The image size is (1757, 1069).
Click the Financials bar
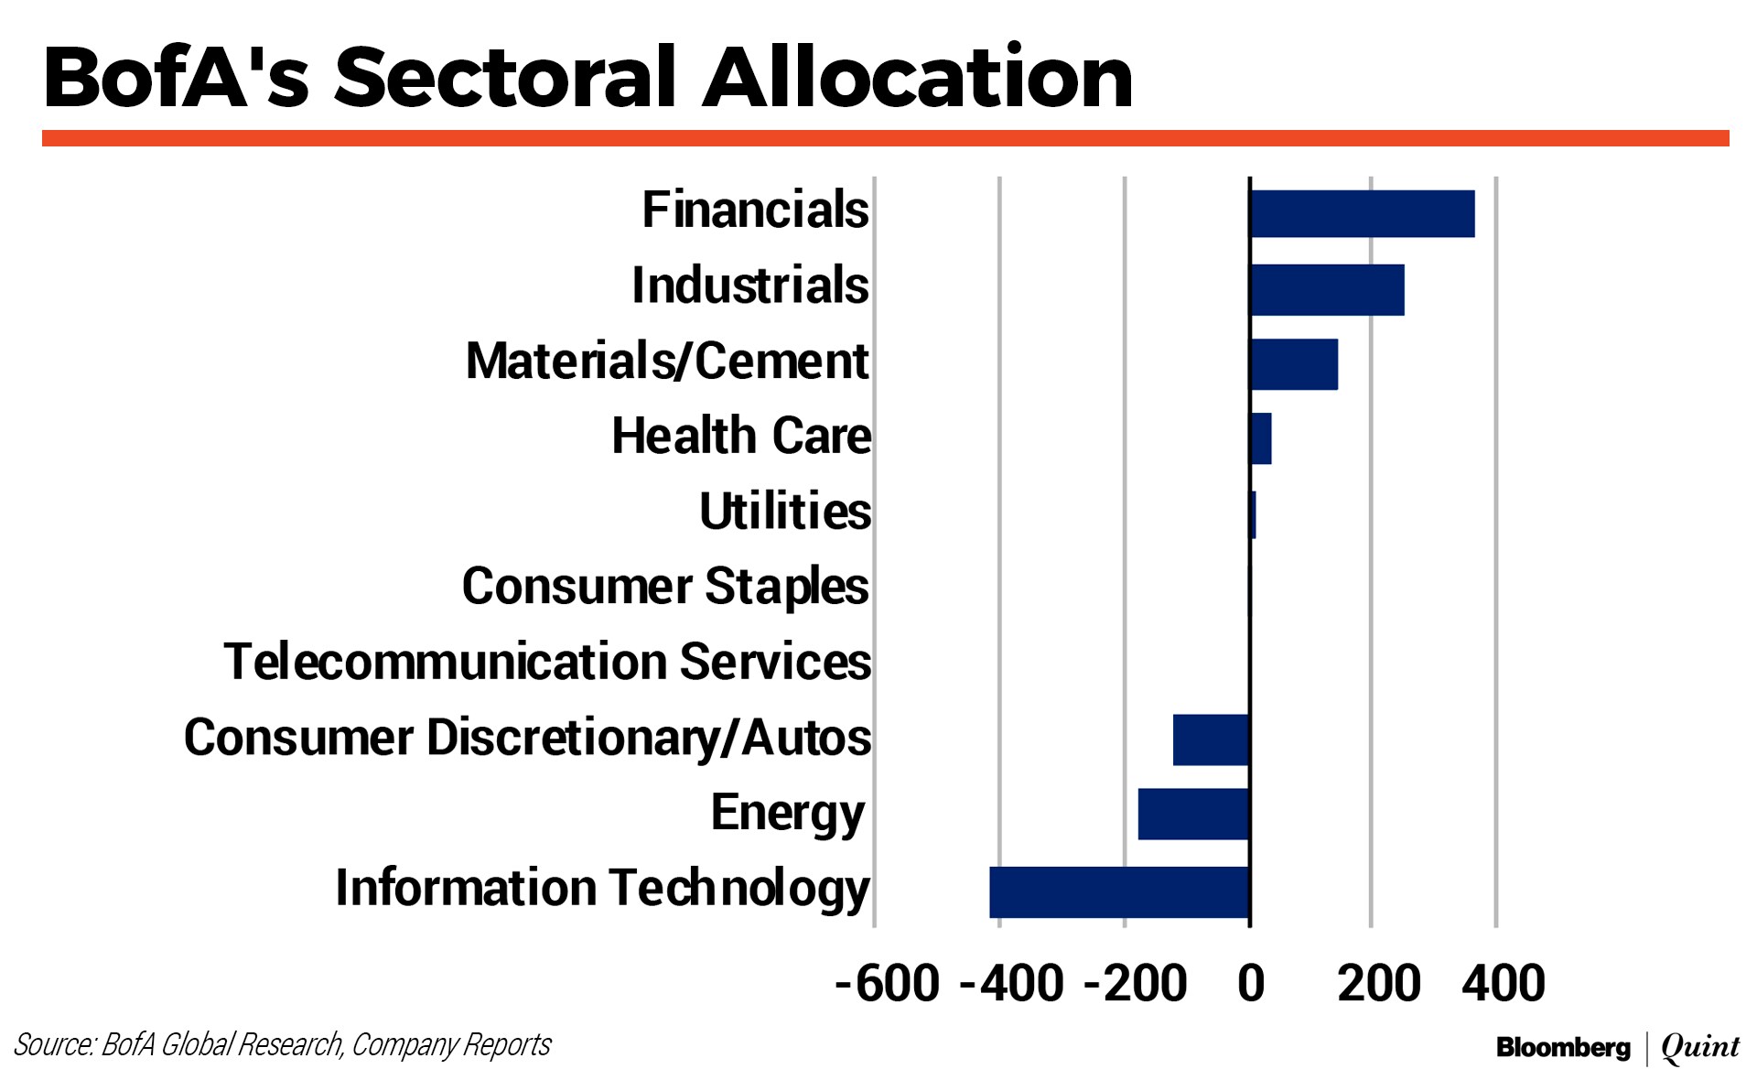1362,214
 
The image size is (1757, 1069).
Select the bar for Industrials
1327,290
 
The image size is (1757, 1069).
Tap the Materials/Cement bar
1294,364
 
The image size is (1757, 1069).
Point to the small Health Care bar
1261,438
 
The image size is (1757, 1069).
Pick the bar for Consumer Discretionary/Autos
1211,740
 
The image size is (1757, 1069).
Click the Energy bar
1193,814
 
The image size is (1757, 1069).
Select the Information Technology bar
1119,892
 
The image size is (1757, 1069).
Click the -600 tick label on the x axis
887,984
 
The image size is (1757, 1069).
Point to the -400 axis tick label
1011,984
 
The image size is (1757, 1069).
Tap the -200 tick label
1136,984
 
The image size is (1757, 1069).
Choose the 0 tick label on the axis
1251,984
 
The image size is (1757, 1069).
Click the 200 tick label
1378,984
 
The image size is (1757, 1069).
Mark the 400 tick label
1503,984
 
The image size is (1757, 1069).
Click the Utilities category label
784,511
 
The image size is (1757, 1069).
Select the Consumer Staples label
665,586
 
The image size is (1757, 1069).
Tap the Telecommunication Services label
547,662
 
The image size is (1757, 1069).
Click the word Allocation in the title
918,78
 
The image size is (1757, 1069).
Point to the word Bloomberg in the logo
1563,1047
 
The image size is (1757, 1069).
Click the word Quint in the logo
1700,1047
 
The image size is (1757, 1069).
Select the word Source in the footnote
54,1044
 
